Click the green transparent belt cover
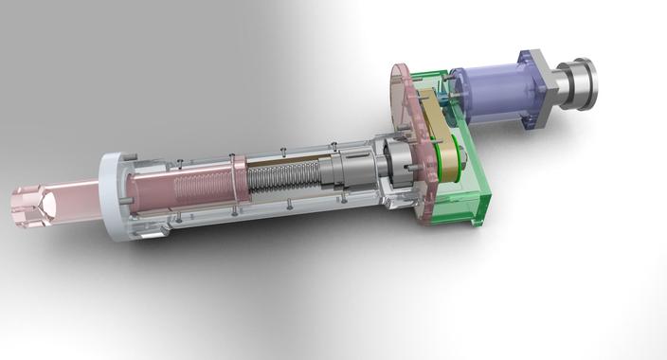click(x=469, y=189)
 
